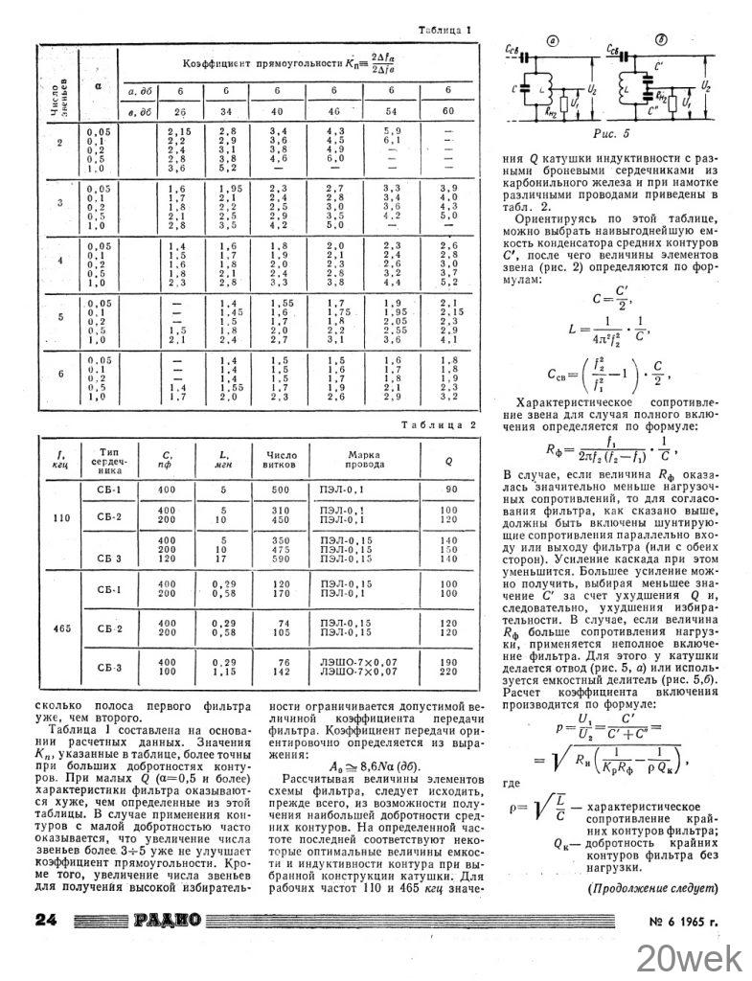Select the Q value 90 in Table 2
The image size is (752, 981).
tap(445, 490)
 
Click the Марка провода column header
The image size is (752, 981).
tap(358, 459)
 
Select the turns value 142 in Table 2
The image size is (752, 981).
tap(281, 673)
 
